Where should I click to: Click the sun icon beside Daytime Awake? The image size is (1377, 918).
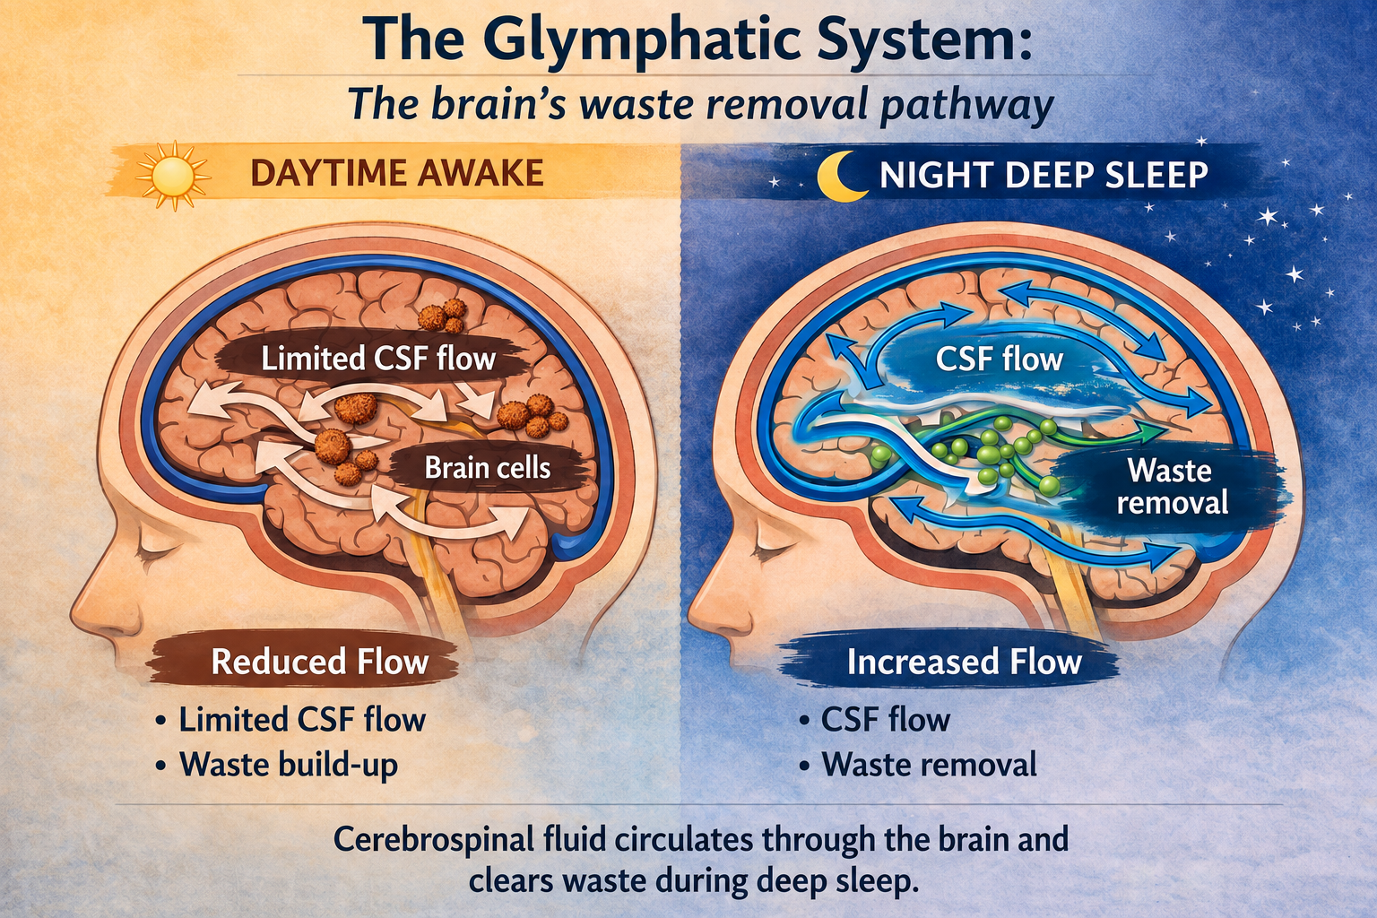click(x=173, y=175)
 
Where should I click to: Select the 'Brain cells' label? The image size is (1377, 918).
click(x=488, y=469)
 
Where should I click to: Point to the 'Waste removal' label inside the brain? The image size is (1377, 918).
click(x=1172, y=487)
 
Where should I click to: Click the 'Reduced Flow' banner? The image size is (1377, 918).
click(x=320, y=663)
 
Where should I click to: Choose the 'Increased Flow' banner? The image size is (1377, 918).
click(x=964, y=663)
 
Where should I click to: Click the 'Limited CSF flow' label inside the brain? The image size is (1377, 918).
click(x=378, y=359)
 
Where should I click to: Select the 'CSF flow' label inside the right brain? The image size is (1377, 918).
click(x=999, y=359)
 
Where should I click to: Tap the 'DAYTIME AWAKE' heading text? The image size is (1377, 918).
click(x=397, y=173)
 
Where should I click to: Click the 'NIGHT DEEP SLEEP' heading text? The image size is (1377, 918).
click(x=1044, y=175)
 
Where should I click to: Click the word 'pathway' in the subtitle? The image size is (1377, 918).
click(x=967, y=106)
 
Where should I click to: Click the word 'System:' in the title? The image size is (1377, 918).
click(x=902, y=39)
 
